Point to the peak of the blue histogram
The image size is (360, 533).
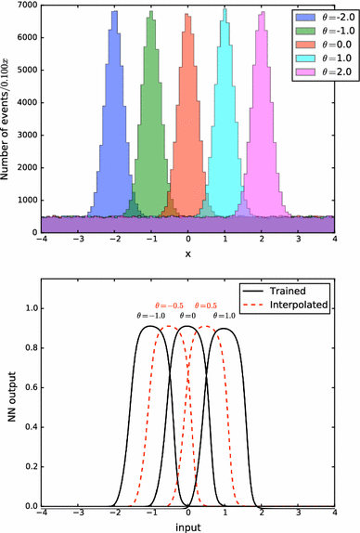[114, 13]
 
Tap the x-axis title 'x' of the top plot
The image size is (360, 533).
[188, 253]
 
